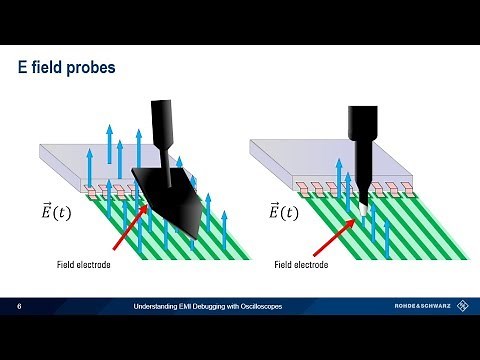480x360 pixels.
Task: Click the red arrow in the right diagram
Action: click(334, 227)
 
